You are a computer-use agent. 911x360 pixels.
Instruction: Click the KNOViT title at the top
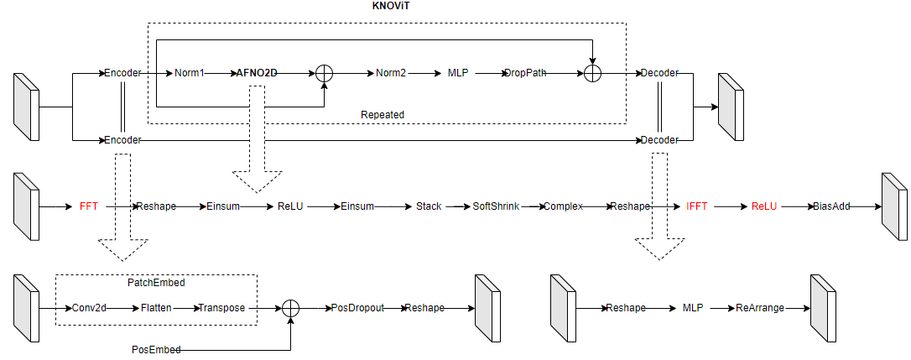[395, 7]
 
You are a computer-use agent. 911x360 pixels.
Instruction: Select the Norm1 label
[190, 73]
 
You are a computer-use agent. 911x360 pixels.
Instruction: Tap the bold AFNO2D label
[257, 73]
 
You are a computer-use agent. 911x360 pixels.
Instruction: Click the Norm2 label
[390, 73]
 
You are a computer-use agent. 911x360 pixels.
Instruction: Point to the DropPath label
[524, 73]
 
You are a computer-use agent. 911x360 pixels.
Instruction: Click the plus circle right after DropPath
[592, 73]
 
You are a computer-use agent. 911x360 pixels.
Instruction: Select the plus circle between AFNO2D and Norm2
[324, 73]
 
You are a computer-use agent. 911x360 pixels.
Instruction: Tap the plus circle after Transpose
[290, 308]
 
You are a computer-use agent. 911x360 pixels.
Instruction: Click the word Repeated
[382, 114]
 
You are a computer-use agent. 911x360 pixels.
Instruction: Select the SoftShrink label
[496, 206]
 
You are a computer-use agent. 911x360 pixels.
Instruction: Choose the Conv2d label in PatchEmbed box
[89, 308]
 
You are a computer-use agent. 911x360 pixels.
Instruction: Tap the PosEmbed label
[156, 348]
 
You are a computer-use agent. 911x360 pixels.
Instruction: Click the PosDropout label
[357, 308]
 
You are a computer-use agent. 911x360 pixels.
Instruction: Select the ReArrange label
[760, 308]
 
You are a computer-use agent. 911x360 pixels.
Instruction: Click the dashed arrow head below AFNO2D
[257, 181]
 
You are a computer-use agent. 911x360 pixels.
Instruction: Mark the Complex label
[563, 206]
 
